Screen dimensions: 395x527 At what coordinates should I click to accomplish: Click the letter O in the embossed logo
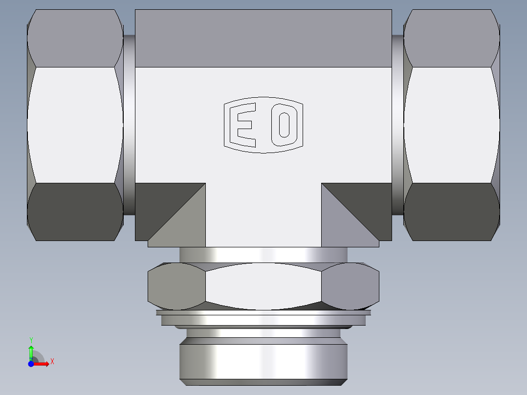coord(284,125)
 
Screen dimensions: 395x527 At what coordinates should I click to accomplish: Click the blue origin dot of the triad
coord(31,364)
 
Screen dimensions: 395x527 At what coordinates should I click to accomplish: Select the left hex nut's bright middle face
coord(75,125)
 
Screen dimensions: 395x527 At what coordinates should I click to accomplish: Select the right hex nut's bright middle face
coord(451,125)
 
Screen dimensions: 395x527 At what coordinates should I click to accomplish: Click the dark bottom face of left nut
coord(75,211)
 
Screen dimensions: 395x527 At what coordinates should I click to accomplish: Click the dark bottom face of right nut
coord(451,211)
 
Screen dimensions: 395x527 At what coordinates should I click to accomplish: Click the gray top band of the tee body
coord(263,38)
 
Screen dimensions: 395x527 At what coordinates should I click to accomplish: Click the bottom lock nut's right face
coord(350,287)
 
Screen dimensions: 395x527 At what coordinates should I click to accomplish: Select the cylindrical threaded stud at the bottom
coord(263,362)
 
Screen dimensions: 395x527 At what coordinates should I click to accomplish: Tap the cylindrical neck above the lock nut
coord(263,254)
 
